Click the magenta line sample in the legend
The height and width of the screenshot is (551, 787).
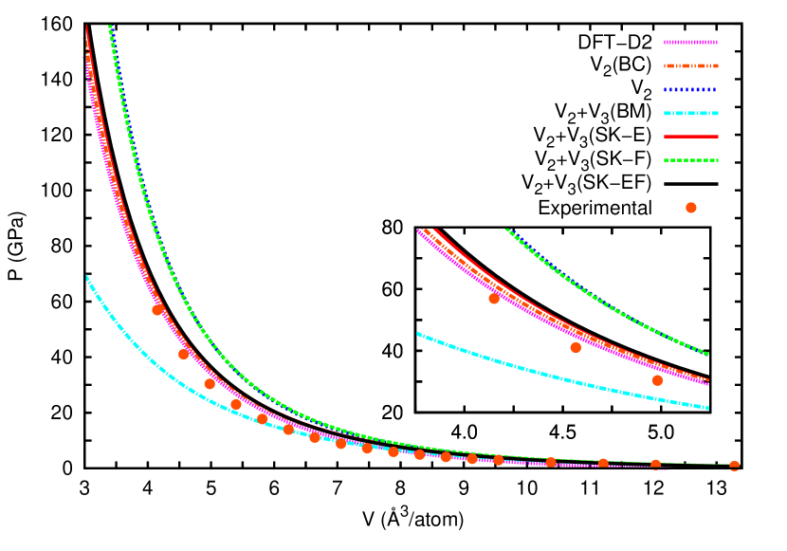690,42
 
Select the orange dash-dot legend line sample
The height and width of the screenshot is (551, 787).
690,65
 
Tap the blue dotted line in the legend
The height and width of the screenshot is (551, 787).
690,89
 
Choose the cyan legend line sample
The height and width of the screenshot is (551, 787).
690,113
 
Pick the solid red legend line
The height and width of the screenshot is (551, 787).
690,137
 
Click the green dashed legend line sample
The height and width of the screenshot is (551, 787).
690,160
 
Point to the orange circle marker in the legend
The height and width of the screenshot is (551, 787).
690,208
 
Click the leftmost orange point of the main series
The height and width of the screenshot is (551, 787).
157,310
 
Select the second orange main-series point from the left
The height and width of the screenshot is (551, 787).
184,354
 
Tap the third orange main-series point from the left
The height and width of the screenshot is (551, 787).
210,384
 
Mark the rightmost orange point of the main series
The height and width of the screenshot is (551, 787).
734,466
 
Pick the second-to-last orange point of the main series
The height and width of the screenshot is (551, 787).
655,465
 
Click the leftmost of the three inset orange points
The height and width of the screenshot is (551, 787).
494,299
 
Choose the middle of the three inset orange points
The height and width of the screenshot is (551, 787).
576,347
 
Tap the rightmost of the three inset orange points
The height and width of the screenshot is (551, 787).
657,380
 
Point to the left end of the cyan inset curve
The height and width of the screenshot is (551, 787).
418,333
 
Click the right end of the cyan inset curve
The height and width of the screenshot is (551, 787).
708,408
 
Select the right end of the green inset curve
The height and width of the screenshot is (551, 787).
708,355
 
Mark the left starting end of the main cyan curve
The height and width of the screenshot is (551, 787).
86,277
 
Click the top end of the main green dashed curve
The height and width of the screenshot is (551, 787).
110,27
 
